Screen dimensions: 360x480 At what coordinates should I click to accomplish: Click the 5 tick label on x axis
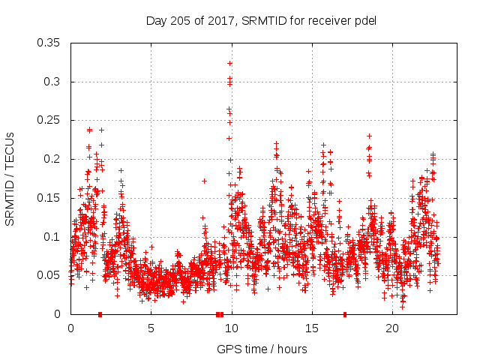point(151,328)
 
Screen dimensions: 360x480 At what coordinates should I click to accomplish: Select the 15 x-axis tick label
point(311,328)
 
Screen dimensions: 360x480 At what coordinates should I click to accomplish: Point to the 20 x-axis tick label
point(391,328)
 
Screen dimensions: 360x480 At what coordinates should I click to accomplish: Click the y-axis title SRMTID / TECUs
point(10,178)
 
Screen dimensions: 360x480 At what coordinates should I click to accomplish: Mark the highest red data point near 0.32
point(229,63)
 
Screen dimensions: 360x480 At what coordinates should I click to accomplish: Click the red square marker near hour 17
point(345,314)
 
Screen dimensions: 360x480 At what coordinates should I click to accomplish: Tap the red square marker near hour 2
point(100,314)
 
